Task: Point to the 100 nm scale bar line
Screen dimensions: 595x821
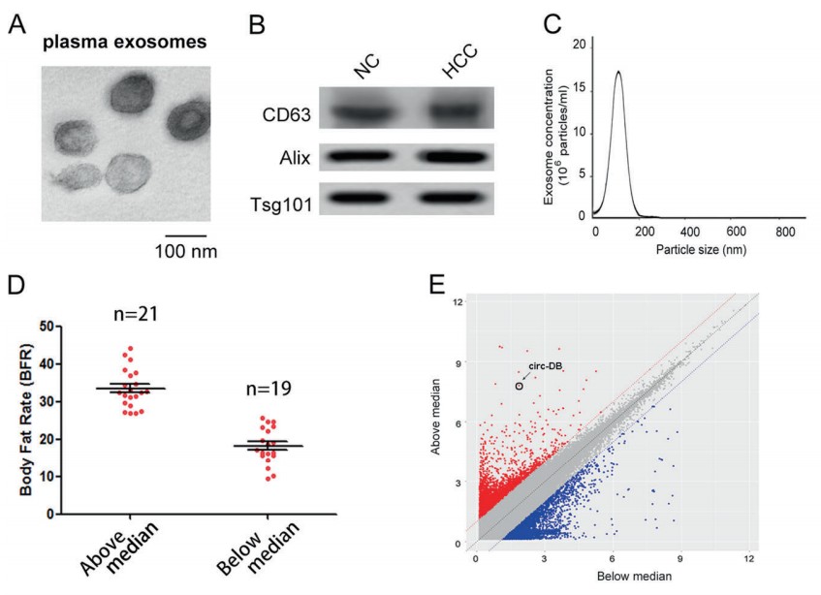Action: coord(185,235)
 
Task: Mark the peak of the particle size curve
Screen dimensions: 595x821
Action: coord(617,71)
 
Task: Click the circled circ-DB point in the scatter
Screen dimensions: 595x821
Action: coord(519,386)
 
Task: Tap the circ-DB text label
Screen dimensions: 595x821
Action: coord(545,365)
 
